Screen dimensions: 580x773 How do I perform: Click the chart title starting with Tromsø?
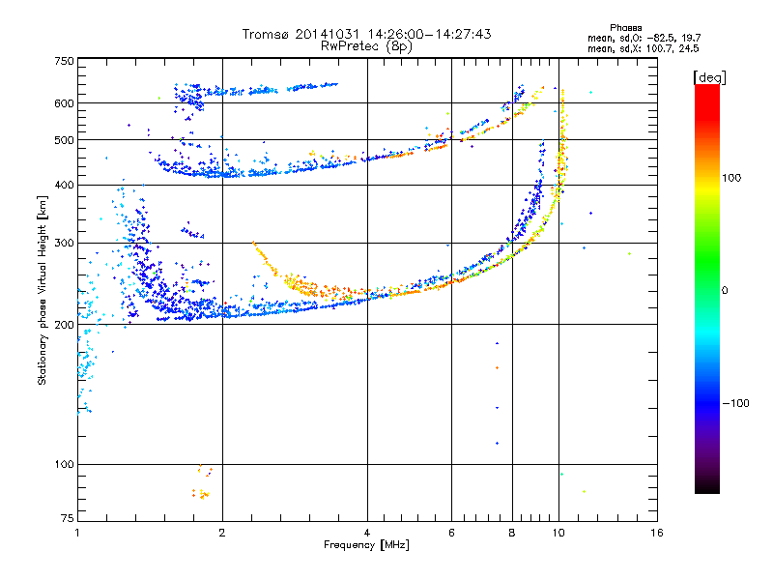367,34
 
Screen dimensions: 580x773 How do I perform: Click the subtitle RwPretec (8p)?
367,45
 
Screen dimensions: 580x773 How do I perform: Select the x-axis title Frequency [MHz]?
366,545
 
